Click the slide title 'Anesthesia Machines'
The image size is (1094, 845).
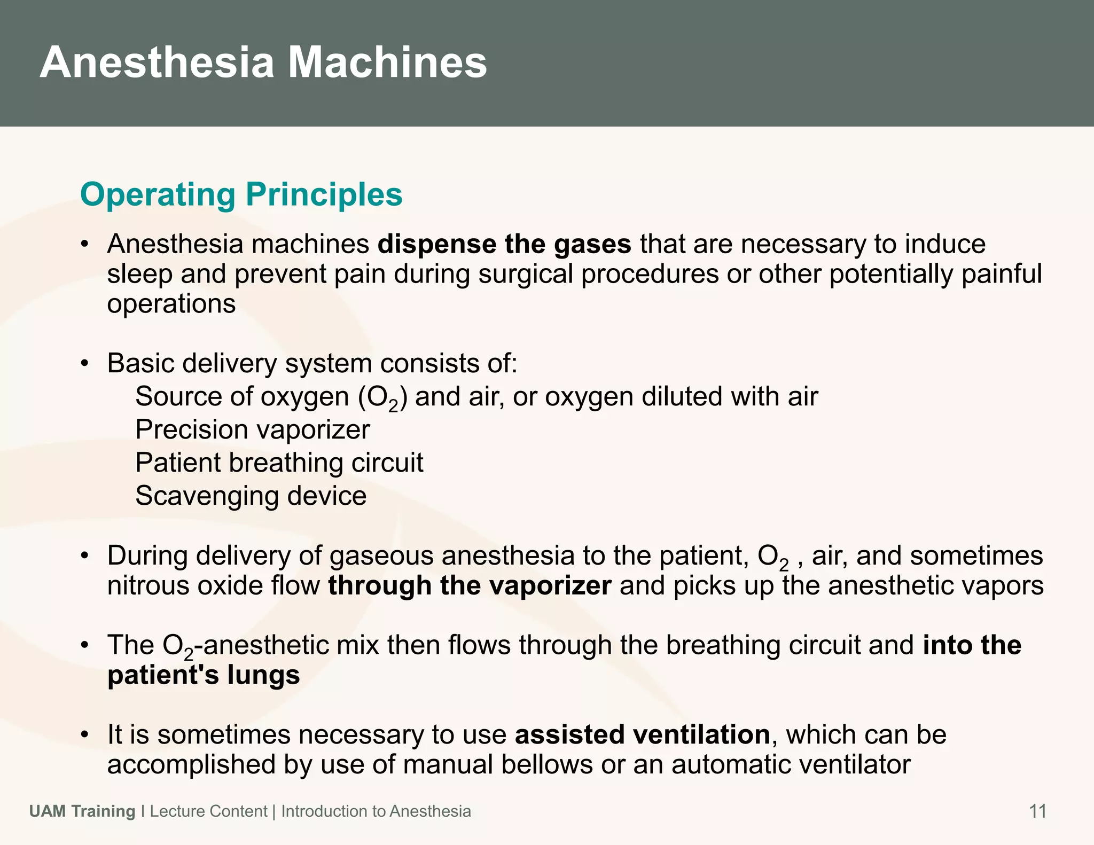[x=263, y=62]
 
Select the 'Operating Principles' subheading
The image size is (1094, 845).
[x=241, y=194]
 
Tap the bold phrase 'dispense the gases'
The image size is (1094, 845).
[x=504, y=244]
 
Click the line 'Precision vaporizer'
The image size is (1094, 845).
[x=252, y=429]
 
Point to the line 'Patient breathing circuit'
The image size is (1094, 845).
[x=279, y=463]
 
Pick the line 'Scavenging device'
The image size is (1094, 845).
[x=251, y=496]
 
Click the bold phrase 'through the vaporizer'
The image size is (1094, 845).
[x=469, y=585]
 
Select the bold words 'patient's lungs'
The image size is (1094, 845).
[x=204, y=675]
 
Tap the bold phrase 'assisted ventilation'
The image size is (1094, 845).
[x=642, y=734]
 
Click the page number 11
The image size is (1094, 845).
[x=1037, y=811]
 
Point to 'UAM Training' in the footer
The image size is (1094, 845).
[x=82, y=811]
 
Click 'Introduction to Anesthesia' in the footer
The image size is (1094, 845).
[x=376, y=811]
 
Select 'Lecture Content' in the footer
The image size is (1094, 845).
[x=208, y=811]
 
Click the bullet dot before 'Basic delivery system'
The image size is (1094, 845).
[x=84, y=364]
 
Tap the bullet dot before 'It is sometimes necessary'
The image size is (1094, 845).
[x=84, y=736]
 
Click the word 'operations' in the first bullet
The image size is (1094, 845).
[x=171, y=304]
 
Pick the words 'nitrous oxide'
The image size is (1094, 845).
[x=185, y=585]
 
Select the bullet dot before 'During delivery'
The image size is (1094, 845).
[x=84, y=557]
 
